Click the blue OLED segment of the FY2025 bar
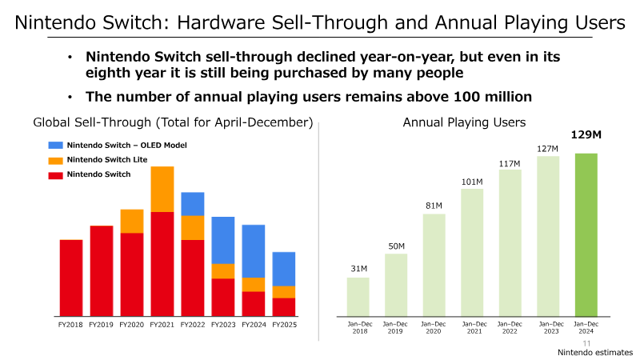(284, 269)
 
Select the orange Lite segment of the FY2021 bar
(162, 189)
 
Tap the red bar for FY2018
(71, 278)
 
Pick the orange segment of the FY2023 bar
(223, 271)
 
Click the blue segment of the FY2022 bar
(193, 204)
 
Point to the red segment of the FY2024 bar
(254, 304)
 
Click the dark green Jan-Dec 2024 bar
(586, 234)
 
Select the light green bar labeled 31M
(358, 297)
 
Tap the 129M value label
(586, 134)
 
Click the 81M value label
(434, 206)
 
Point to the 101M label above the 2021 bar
(472, 182)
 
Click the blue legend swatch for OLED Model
(55, 145)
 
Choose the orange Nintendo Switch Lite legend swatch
(55, 161)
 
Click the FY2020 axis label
(131, 325)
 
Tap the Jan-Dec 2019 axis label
(395, 327)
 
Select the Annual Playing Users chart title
(464, 122)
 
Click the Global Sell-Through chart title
(173, 122)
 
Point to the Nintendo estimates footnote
(595, 352)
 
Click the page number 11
(586, 344)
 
